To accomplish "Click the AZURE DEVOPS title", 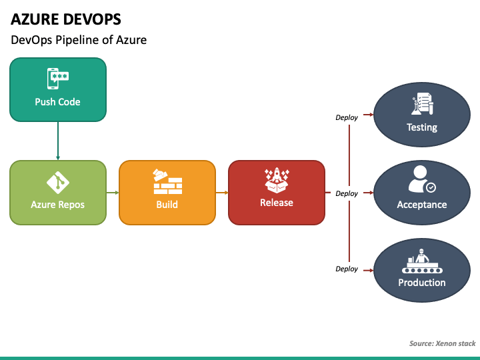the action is click(66, 19).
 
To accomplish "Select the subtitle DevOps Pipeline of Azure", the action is click(79, 40).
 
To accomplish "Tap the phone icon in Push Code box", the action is click(58, 79).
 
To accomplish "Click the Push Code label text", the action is click(57, 102).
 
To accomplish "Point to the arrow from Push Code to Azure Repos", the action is click(58, 141).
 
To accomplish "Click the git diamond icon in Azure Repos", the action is click(58, 183).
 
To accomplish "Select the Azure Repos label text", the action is click(57, 205).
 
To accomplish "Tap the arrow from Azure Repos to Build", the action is click(113, 193).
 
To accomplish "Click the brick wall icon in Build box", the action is click(167, 181).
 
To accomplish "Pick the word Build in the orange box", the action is click(167, 205).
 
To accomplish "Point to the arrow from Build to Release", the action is click(222, 193).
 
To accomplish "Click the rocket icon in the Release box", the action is click(277, 180).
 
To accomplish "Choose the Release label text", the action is click(277, 203).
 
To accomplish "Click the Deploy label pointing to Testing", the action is click(347, 117).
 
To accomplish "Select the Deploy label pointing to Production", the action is click(347, 269).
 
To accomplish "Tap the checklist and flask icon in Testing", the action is click(422, 104).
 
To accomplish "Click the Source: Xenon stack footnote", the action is click(443, 343).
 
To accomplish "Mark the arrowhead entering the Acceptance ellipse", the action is click(371, 193).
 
